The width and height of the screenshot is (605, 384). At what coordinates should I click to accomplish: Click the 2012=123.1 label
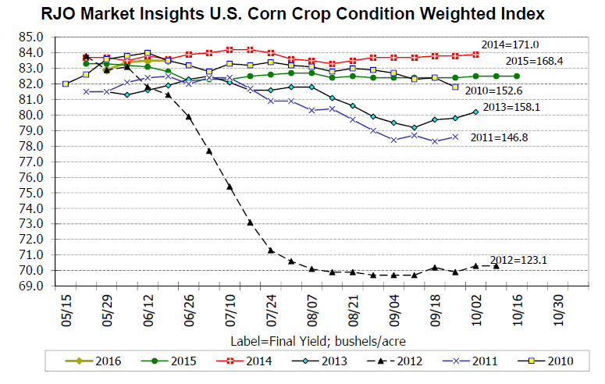(518, 260)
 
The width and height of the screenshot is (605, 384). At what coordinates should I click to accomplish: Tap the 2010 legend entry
(551, 361)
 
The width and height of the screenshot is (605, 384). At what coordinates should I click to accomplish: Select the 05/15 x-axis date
(65, 309)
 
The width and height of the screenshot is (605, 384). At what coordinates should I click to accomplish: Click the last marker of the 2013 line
(475, 112)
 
